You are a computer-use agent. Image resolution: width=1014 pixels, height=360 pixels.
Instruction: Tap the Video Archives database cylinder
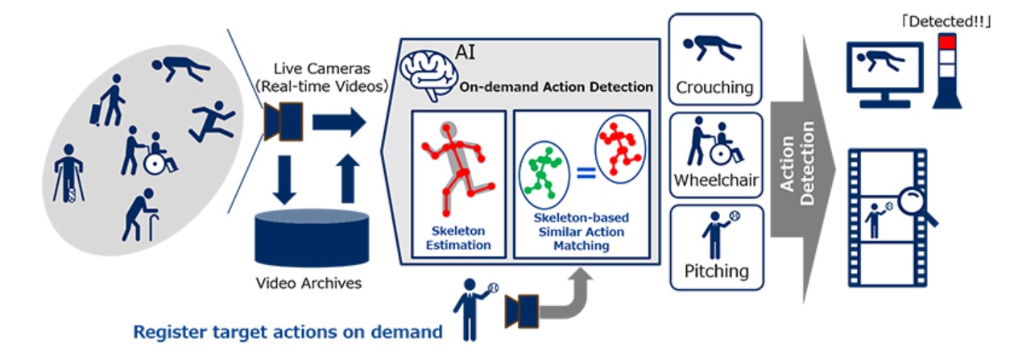(312, 238)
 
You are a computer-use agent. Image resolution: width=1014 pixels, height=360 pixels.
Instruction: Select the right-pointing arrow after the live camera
(339, 122)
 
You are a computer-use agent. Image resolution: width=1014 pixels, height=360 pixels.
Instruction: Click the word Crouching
(714, 88)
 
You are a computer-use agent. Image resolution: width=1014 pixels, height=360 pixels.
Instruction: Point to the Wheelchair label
(716, 180)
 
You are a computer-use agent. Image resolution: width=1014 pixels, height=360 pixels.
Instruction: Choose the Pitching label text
(717, 271)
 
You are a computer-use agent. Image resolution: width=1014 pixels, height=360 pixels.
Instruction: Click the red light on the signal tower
(946, 42)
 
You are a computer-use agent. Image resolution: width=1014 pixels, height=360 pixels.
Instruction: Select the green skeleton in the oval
(543, 173)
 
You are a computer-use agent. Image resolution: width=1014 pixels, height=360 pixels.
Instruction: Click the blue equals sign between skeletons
(586, 172)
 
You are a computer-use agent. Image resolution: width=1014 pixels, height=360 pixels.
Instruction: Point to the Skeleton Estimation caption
(458, 238)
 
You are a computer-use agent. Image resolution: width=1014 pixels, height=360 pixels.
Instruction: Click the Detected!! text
(946, 22)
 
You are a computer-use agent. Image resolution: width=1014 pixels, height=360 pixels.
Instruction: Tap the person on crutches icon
(68, 173)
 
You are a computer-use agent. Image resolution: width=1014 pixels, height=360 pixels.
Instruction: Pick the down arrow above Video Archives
(284, 180)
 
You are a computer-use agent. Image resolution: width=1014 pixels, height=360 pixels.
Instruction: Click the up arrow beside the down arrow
(348, 179)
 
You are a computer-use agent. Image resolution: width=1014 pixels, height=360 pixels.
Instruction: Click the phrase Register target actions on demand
(288, 333)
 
